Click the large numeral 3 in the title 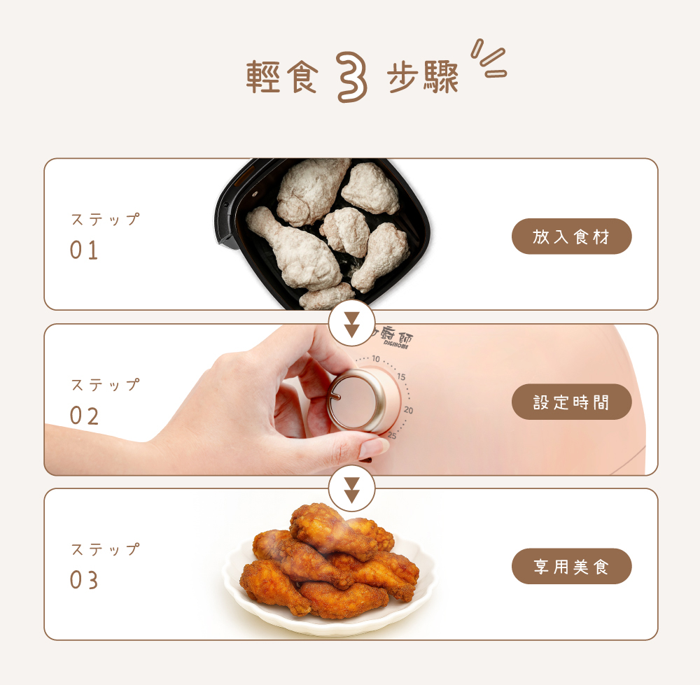pos(352,77)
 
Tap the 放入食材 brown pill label pos(571,236)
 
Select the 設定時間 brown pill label pos(571,402)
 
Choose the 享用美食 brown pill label pos(571,566)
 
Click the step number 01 pos(84,250)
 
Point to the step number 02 pos(84,416)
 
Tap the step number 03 pos(84,580)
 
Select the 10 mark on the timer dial pos(376,359)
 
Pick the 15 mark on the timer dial pos(401,377)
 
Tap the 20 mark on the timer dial pos(409,409)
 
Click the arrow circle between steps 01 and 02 pos(352,324)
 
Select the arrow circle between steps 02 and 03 pos(352,489)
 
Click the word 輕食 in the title pos(282,77)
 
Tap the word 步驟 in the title pos(423,77)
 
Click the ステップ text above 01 pos(106,219)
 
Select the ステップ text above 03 pos(106,549)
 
